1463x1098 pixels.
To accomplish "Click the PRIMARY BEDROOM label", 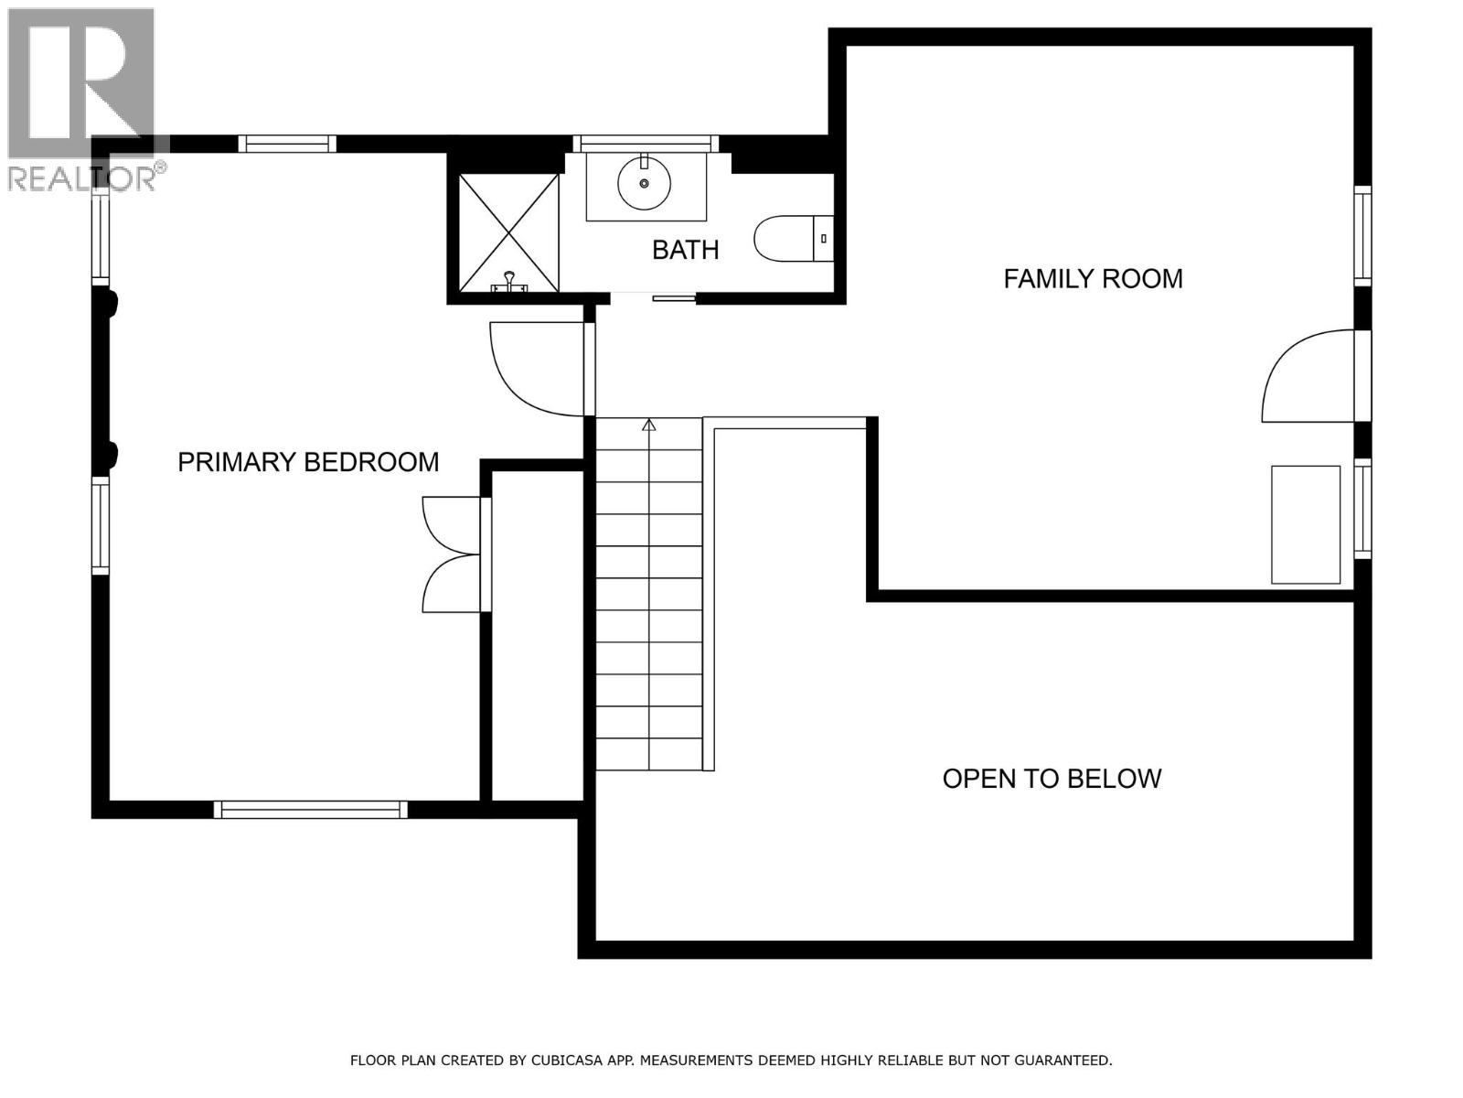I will [x=308, y=462].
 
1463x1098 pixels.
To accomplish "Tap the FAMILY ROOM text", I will [x=1093, y=278].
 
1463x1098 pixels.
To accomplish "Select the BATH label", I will [x=685, y=250].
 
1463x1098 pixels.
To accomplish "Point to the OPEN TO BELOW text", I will [x=1052, y=779].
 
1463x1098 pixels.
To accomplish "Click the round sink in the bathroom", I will [x=645, y=184].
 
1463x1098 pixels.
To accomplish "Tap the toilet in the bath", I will [x=792, y=238].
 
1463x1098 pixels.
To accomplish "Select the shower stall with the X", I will [x=508, y=233].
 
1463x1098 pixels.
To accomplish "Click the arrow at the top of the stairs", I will [x=649, y=425].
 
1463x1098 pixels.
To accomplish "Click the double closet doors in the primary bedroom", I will [x=450, y=554].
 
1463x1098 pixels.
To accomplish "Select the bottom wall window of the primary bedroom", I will [x=311, y=810].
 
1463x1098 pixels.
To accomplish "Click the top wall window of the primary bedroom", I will [x=287, y=144].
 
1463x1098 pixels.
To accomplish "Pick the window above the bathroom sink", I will [x=646, y=143].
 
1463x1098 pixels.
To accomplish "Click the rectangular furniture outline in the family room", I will [x=1306, y=524].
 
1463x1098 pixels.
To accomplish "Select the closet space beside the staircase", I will [x=538, y=636].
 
